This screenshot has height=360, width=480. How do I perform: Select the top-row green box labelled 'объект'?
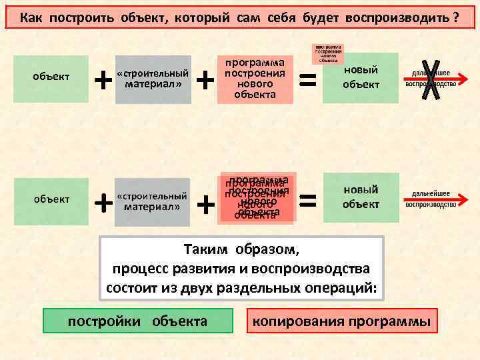(51, 78)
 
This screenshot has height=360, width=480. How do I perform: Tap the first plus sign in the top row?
(103, 80)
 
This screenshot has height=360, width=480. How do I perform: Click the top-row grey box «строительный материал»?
(153, 79)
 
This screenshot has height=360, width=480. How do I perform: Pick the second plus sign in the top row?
(207, 80)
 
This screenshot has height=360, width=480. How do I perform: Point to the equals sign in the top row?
(307, 80)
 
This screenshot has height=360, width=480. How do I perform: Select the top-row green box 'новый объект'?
(361, 77)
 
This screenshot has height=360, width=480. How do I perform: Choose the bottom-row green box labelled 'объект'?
(51, 199)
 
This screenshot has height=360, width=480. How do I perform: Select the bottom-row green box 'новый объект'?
(361, 197)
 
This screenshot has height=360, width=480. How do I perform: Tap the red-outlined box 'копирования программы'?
(342, 321)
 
